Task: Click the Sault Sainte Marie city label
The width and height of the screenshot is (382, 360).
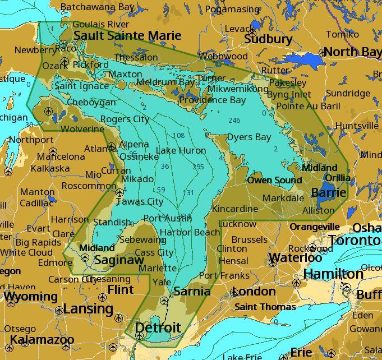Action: coord(127,36)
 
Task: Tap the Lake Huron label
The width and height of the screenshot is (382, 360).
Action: coord(181,150)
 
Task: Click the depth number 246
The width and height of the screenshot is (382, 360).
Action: coord(234,121)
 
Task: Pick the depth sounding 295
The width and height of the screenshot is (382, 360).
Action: coord(198,167)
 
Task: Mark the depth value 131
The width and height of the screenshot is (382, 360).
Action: coord(188,192)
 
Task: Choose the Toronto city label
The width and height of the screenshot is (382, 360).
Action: coord(354,240)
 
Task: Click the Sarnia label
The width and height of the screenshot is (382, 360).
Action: coord(192,291)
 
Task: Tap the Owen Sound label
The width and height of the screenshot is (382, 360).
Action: coord(274,181)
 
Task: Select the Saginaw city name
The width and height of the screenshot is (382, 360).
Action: coord(119,260)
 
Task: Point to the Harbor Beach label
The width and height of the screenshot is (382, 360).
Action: coord(190,232)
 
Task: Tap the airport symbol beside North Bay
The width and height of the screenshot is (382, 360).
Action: coord(323,53)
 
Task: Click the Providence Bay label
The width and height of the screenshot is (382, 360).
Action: coord(213,100)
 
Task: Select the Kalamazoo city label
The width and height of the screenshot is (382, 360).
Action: coord(42,340)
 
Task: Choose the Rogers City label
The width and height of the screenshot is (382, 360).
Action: coord(125,119)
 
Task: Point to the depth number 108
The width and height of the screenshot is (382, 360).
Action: coord(178,136)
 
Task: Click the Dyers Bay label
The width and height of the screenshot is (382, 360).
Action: coord(248,137)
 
